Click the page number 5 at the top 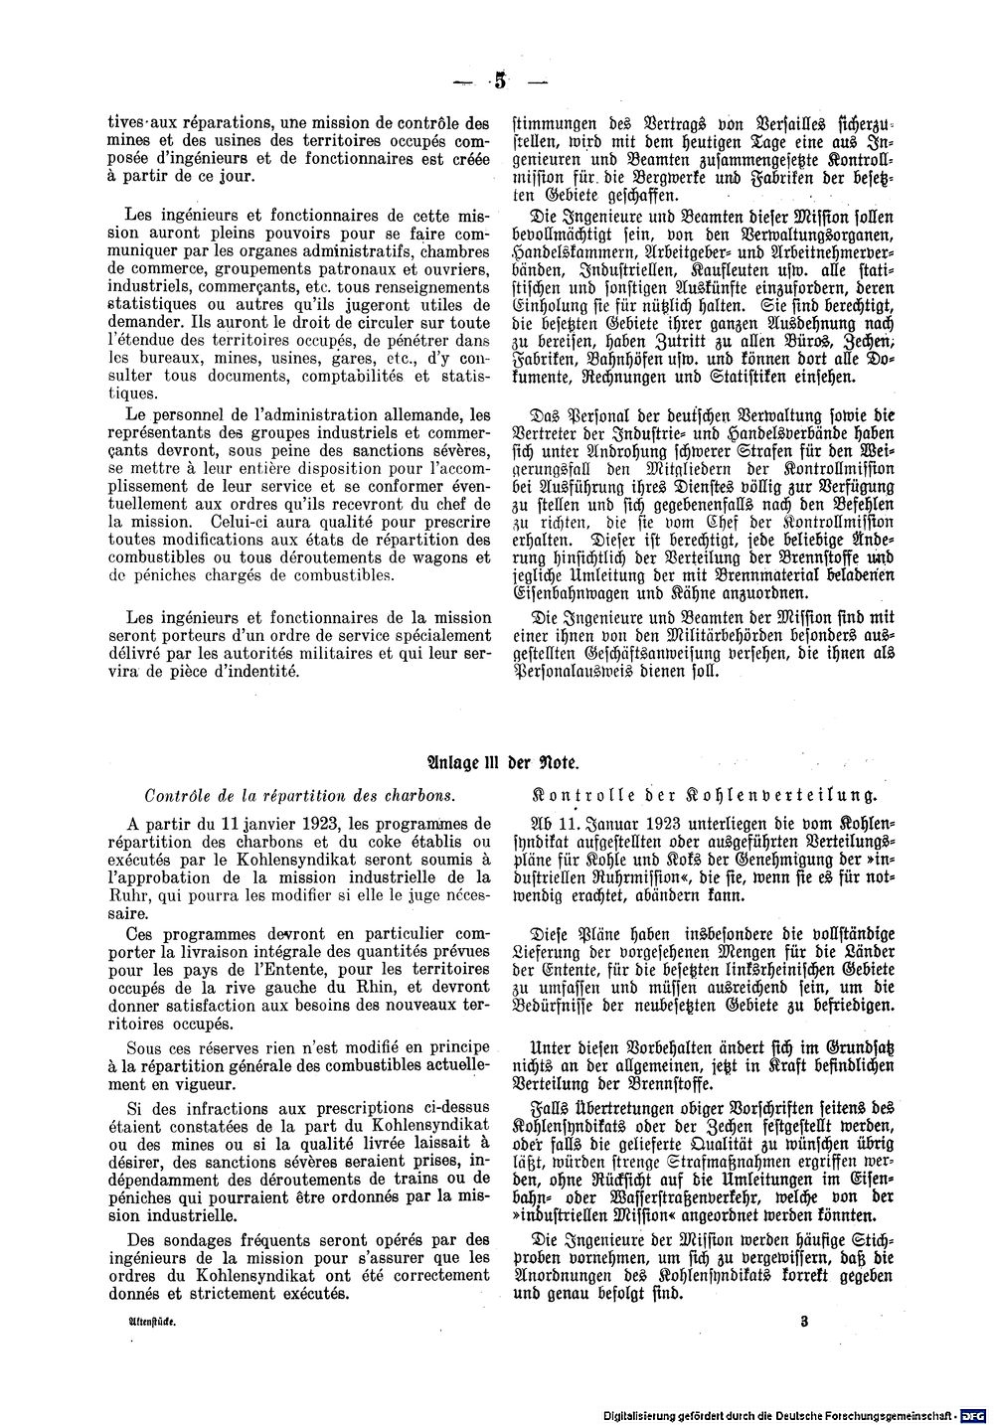point(498,82)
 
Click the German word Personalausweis point(577,671)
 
